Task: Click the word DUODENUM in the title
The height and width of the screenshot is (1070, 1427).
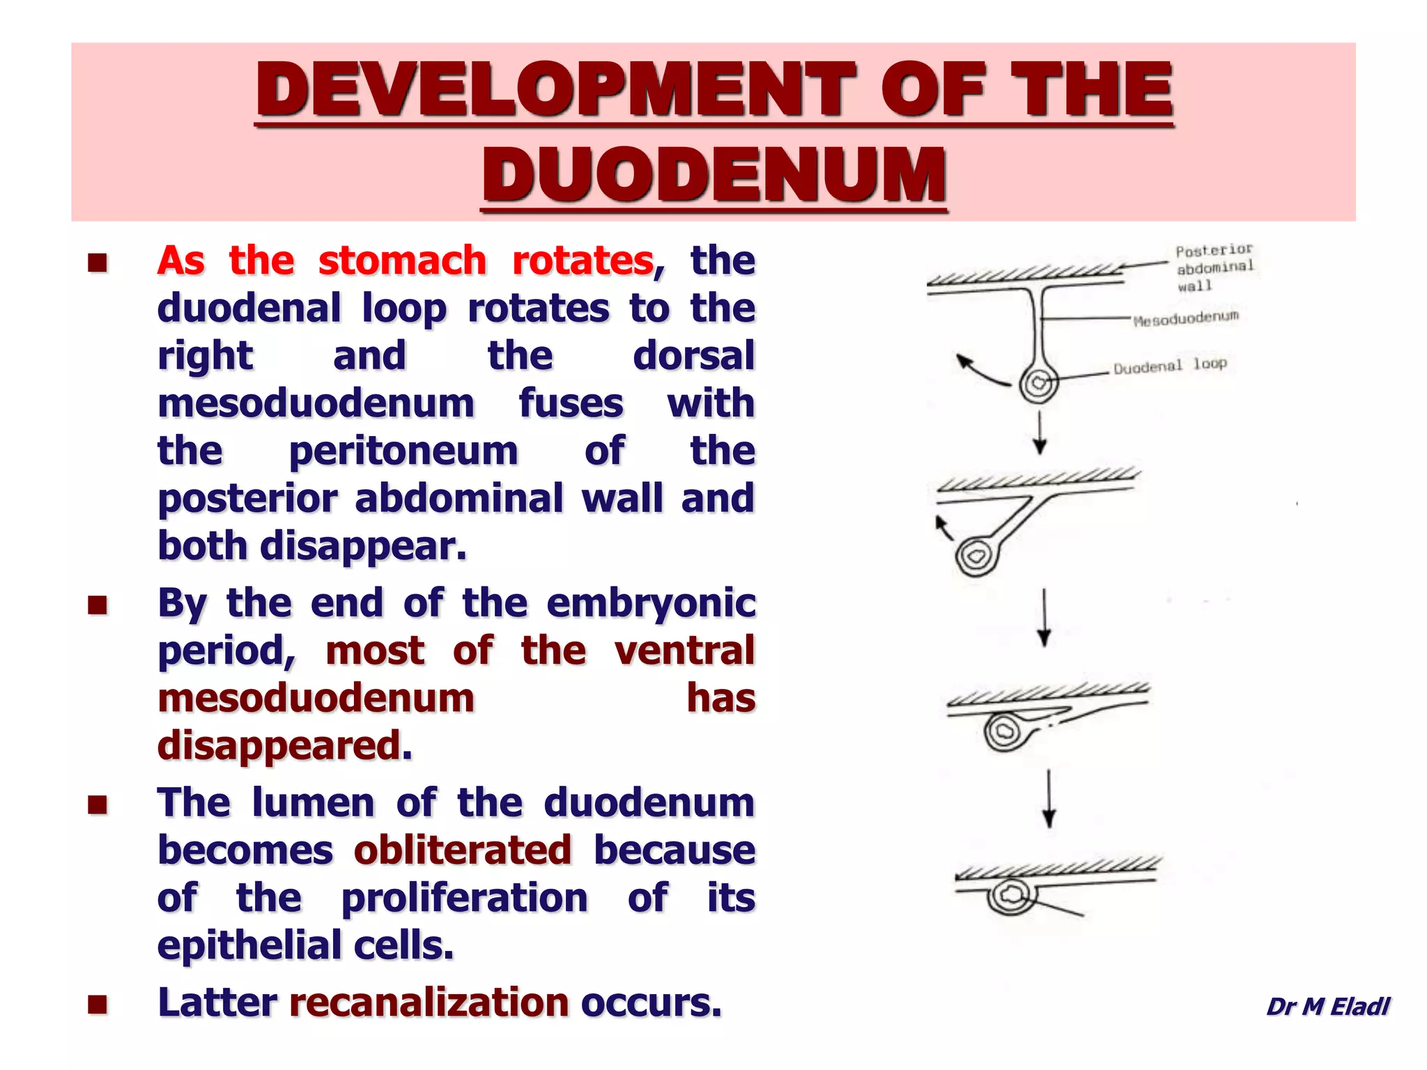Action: [714, 174]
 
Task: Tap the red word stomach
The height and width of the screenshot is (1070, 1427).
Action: [402, 261]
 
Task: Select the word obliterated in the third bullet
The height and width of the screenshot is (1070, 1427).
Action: [463, 850]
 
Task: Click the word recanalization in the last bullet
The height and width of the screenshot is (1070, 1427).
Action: [429, 1002]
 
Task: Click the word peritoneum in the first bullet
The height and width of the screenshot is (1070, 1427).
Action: [403, 451]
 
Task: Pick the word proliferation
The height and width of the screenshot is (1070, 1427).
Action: [464, 898]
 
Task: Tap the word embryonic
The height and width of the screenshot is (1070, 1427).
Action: [651, 603]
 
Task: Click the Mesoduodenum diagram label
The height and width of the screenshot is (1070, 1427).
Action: [1185, 319]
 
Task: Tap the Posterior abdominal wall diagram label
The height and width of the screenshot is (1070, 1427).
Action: [1214, 267]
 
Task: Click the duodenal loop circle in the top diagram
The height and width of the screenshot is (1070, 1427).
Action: [1038, 383]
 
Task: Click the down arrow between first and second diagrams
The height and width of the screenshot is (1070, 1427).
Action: [1040, 433]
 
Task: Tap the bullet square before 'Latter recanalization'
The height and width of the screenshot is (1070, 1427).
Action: [98, 1004]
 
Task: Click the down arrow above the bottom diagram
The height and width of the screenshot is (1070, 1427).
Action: [1049, 798]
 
